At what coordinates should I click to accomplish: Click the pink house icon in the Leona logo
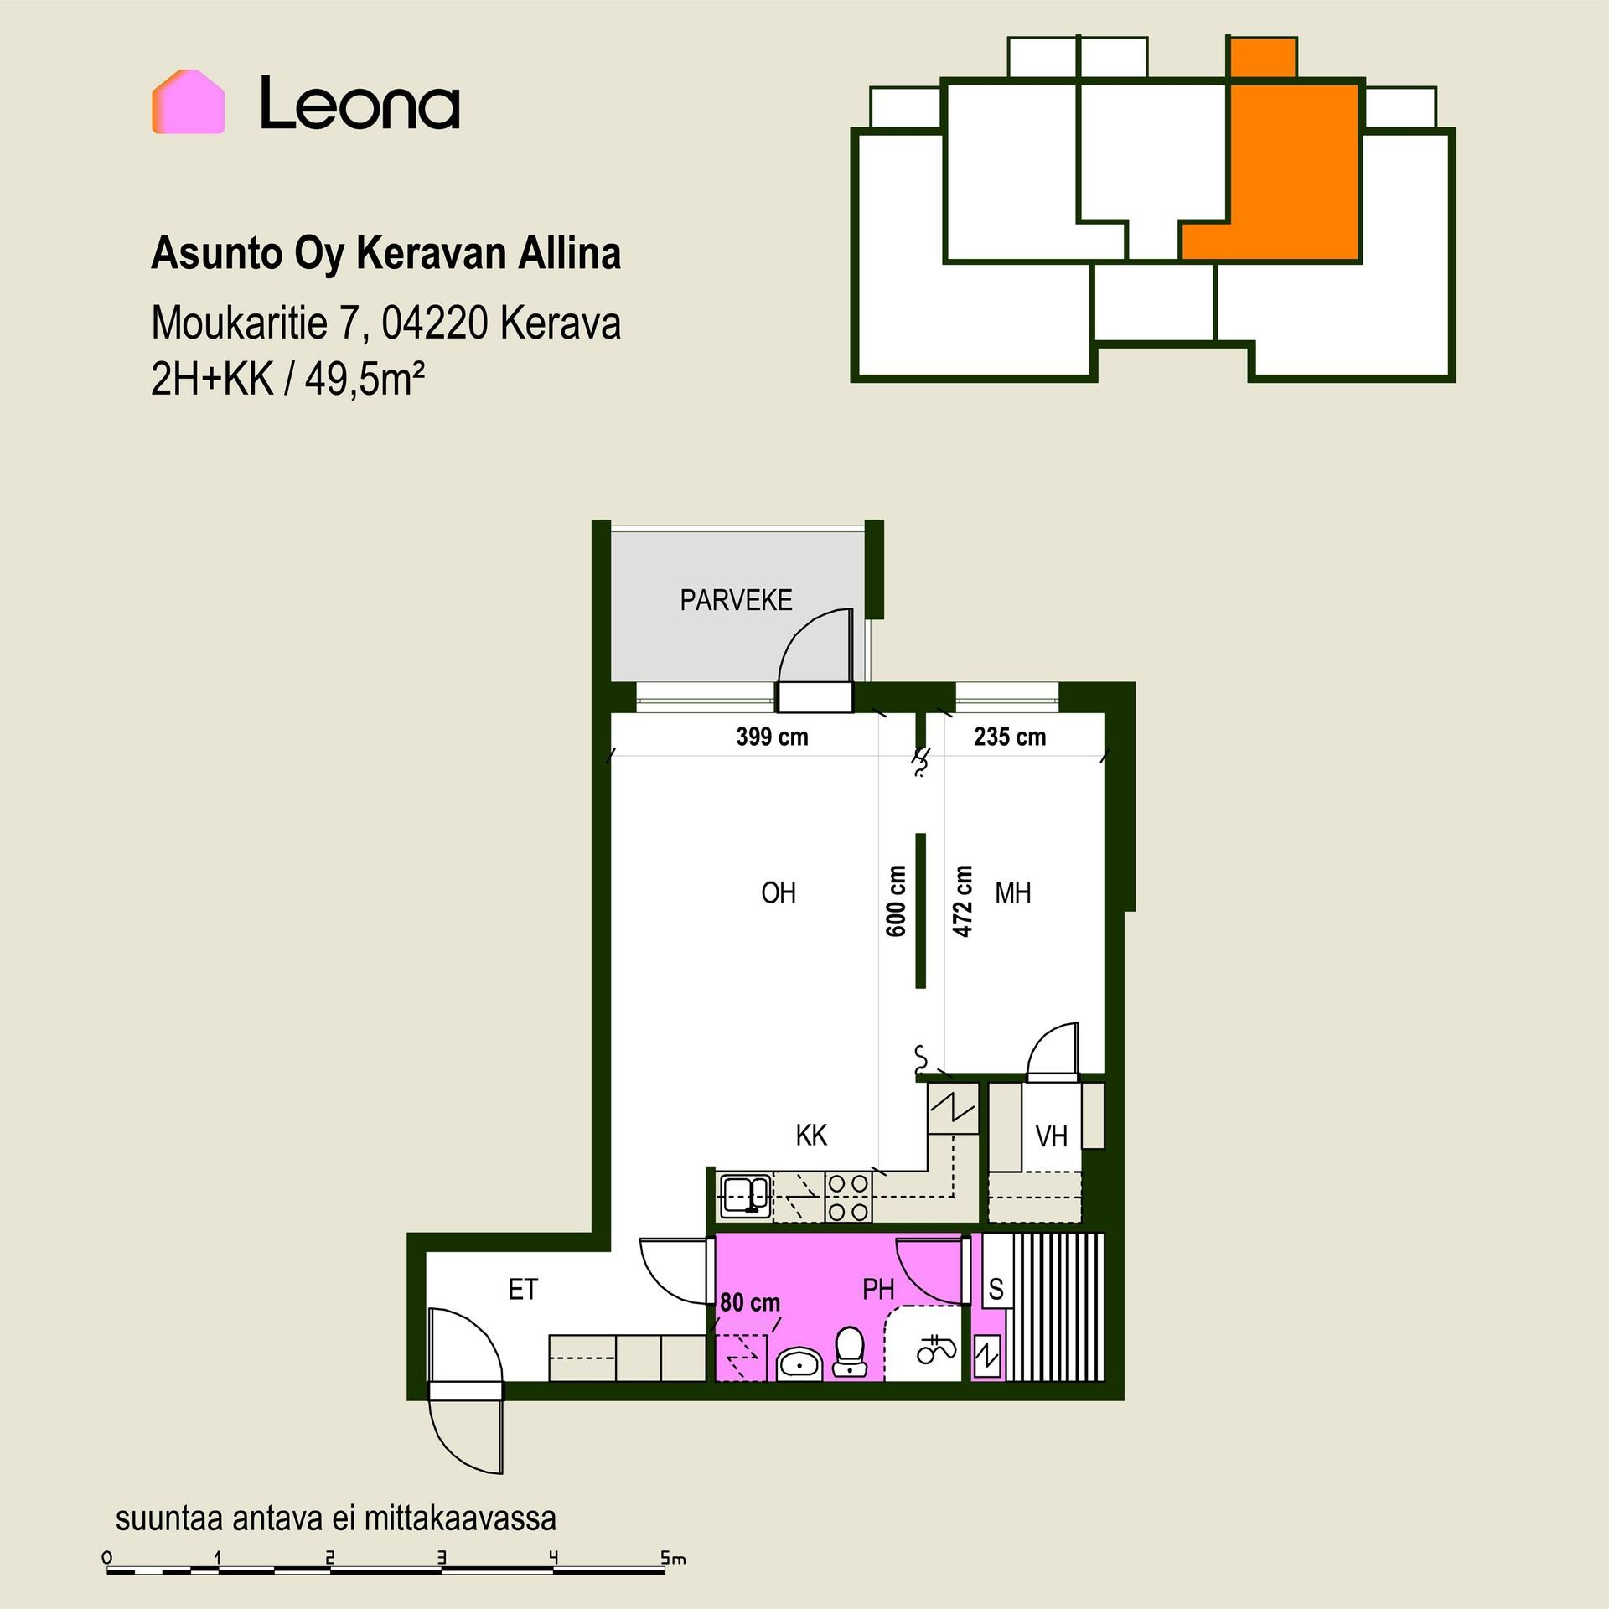(188, 101)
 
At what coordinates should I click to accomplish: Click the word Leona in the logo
(360, 103)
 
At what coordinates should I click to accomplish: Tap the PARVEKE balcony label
(736, 600)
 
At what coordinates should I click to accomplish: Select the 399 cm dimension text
(772, 737)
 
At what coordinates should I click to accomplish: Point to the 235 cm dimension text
(1010, 737)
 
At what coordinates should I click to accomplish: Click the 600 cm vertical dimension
(896, 900)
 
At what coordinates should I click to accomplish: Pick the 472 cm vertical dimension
(963, 900)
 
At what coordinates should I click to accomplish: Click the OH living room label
(779, 893)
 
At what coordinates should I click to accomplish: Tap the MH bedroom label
(1013, 893)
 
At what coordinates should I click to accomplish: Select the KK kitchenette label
(811, 1136)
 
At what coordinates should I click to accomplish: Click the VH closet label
(1052, 1136)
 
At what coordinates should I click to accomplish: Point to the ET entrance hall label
(523, 1290)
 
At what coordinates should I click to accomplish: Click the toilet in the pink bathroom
(851, 1351)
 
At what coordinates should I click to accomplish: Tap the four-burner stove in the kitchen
(848, 1197)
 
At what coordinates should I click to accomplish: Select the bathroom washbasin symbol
(800, 1363)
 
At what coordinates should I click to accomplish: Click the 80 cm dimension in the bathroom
(750, 1302)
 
